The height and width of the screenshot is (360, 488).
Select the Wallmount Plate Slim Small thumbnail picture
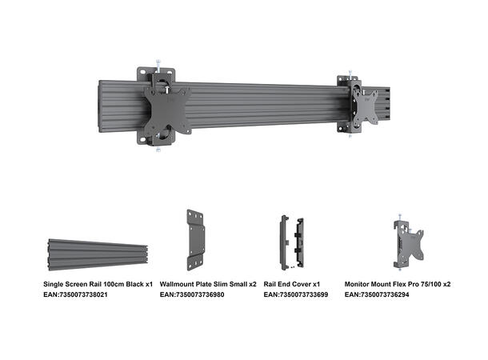coord(196,240)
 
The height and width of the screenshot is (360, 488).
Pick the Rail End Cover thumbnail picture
coord(290,239)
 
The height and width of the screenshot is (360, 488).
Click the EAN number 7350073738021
coord(87,295)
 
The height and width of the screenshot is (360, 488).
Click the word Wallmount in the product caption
coord(180,284)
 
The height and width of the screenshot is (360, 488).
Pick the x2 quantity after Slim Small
coord(252,284)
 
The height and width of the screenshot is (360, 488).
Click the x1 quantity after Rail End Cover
coord(316,284)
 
